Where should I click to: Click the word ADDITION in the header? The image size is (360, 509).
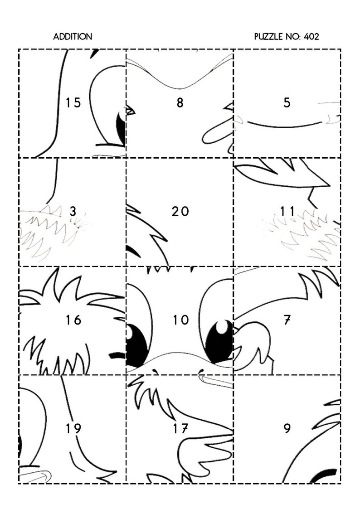point(73,37)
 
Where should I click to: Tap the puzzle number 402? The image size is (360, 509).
point(311,37)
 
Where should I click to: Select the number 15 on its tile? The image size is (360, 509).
point(73,103)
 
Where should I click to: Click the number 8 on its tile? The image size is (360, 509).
point(180,103)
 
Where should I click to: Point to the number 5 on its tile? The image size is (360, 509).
point(287,103)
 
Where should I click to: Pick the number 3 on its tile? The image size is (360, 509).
point(73,211)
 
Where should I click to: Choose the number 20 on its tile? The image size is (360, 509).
point(180,211)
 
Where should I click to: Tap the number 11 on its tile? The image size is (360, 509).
point(287,211)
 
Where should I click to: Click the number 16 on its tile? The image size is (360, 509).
point(73,320)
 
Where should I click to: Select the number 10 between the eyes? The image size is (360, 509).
point(180,320)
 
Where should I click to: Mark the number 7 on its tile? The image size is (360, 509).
point(287,320)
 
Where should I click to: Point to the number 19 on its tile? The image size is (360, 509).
point(73,428)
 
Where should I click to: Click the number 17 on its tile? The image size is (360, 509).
point(180,428)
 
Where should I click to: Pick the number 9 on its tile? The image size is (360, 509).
point(287,428)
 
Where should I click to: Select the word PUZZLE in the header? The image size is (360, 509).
point(269,37)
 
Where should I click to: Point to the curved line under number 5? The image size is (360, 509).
point(281,125)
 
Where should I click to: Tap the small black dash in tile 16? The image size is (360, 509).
point(118,354)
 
